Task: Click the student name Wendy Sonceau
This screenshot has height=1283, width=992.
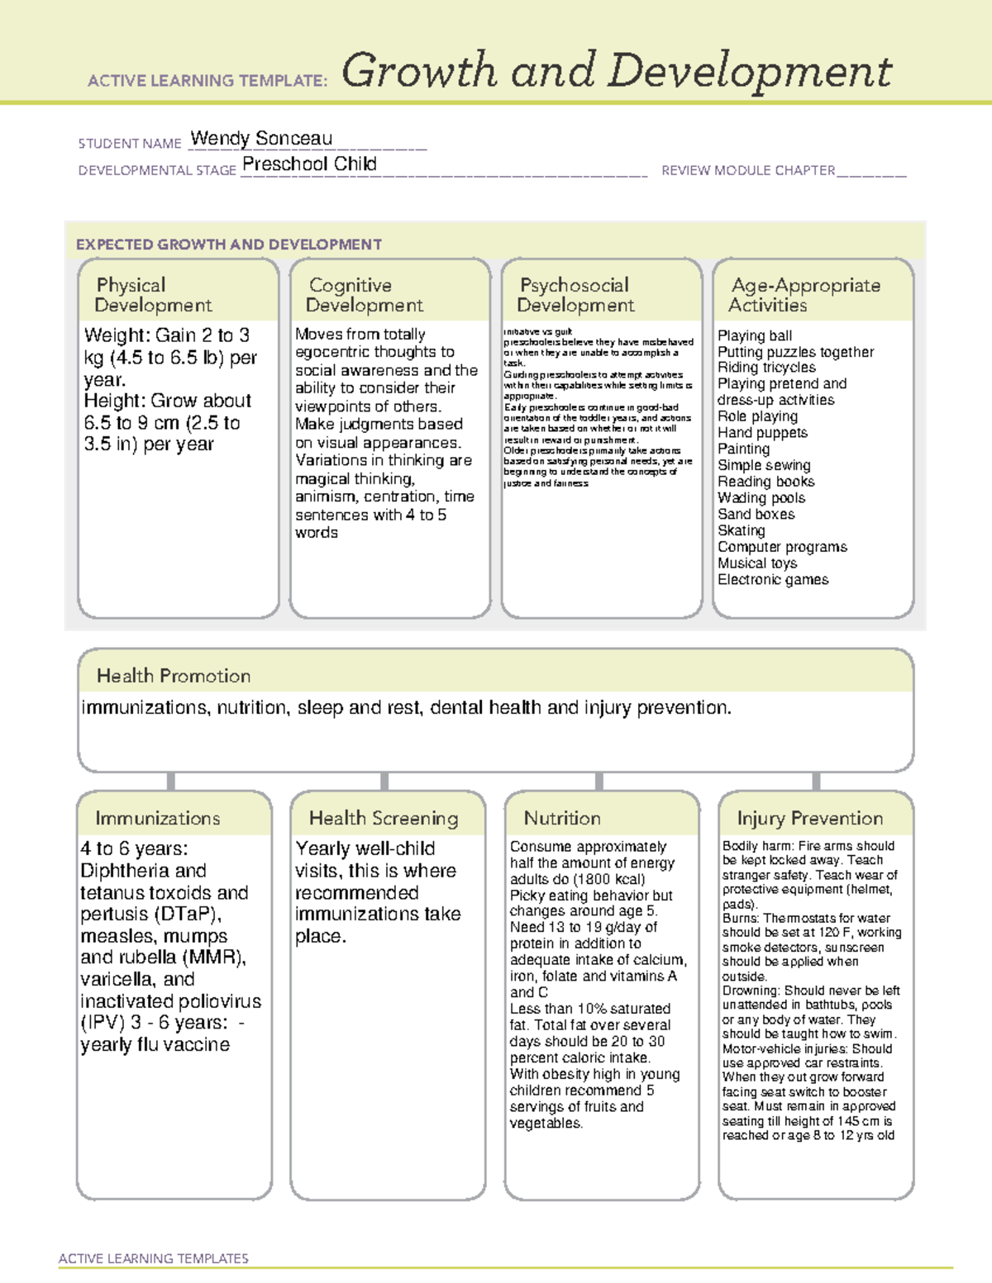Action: coord(261,139)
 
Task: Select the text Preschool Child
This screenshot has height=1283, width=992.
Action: coord(309,164)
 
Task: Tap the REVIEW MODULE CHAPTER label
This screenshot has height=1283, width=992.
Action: coord(748,171)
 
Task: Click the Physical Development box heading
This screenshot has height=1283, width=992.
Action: coord(153,295)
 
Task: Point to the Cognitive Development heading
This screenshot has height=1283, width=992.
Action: coord(364,295)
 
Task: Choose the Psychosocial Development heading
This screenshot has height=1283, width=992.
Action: coord(575,295)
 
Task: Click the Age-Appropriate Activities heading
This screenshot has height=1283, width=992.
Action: coord(805,295)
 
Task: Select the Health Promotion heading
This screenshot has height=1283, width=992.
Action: coord(174,676)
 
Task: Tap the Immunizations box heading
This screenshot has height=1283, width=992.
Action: coord(158,818)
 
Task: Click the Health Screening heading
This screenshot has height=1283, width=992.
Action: coord(384,818)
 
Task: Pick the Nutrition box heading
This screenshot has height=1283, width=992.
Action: coord(562,818)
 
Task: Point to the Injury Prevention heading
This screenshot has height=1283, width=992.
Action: coord(810,818)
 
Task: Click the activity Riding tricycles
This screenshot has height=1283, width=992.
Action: coord(766,368)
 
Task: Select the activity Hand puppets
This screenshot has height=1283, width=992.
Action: coord(762,433)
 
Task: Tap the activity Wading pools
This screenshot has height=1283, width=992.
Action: coord(761,498)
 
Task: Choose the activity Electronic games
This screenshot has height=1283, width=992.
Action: coord(773,580)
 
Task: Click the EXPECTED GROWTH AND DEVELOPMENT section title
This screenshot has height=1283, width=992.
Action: coord(229,245)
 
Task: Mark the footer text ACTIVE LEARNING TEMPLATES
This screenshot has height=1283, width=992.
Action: coord(154,1258)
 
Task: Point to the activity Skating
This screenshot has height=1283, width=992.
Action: coord(742,530)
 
